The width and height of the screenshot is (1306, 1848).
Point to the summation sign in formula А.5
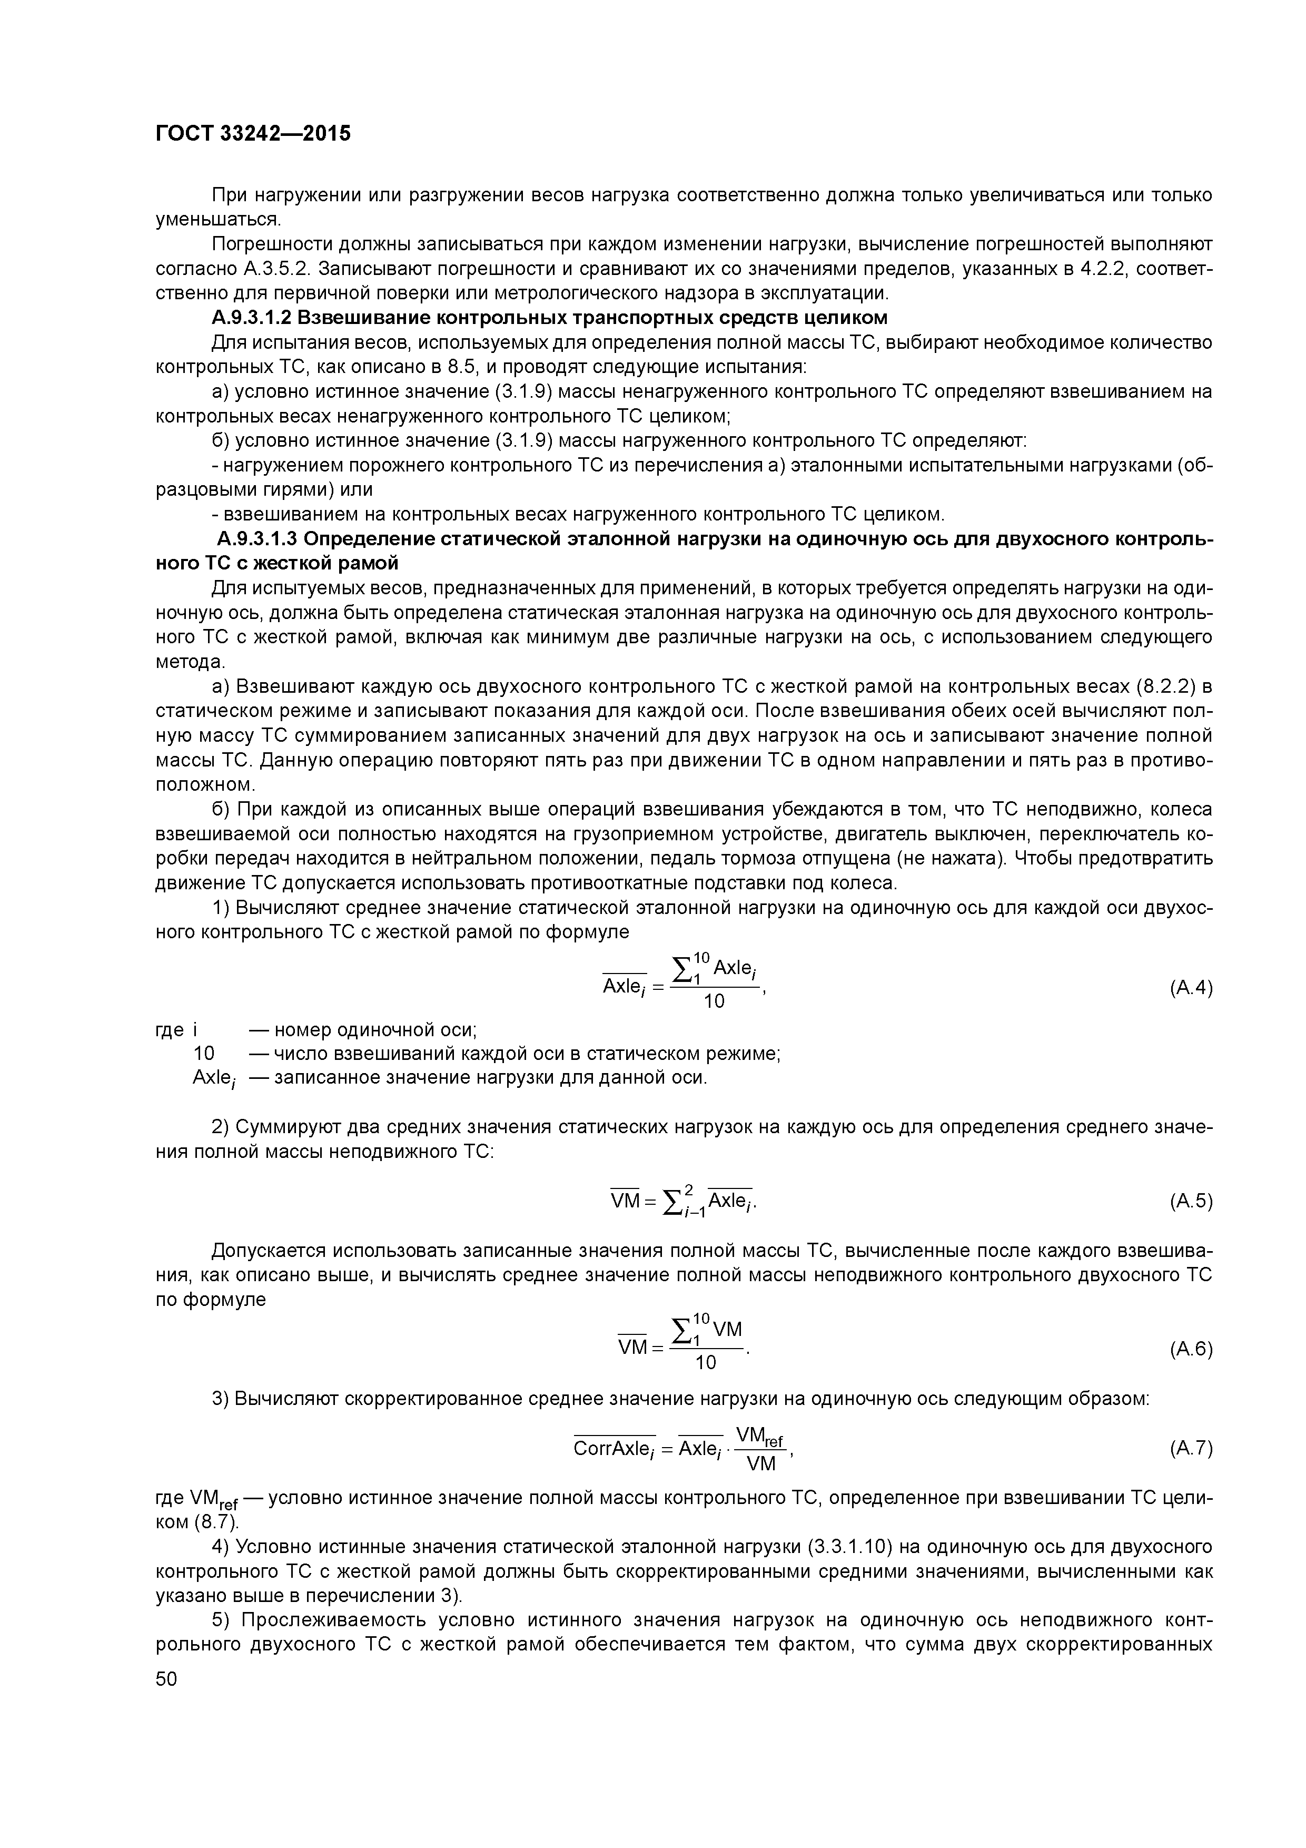click(x=670, y=1202)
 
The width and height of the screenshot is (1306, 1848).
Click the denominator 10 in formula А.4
click(x=714, y=1001)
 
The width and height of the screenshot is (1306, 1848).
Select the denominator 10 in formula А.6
click(x=705, y=1363)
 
